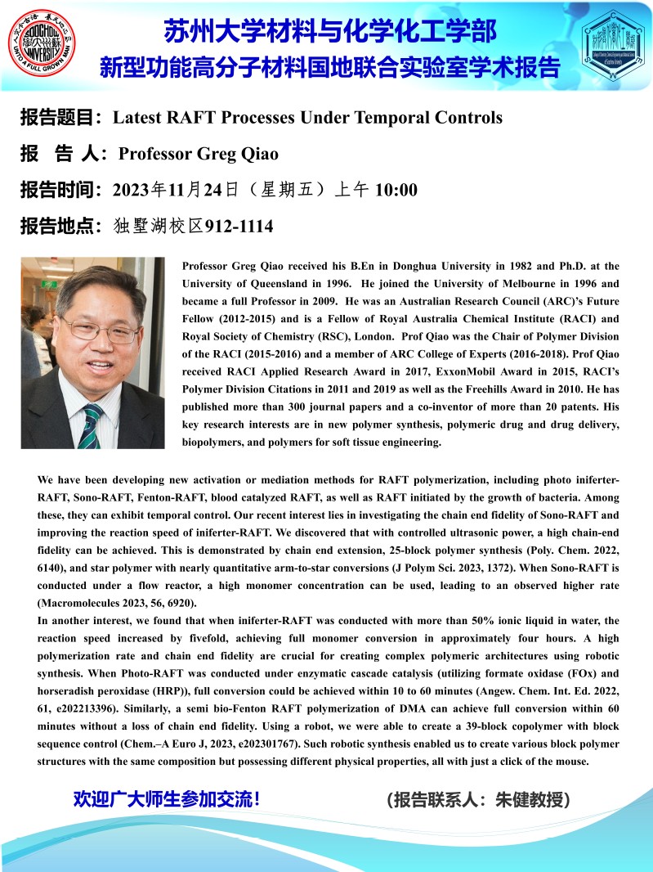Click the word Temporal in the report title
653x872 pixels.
(395, 118)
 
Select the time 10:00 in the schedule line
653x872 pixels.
(396, 191)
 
